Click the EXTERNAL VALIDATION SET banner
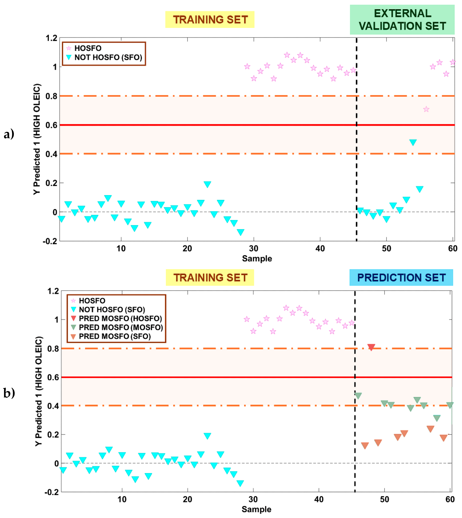point(402,20)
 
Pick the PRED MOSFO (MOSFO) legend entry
point(121,327)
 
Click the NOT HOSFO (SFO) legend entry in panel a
point(108,57)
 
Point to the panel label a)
point(9,134)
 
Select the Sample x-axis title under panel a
point(257,259)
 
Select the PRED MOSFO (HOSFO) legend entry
point(120,318)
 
